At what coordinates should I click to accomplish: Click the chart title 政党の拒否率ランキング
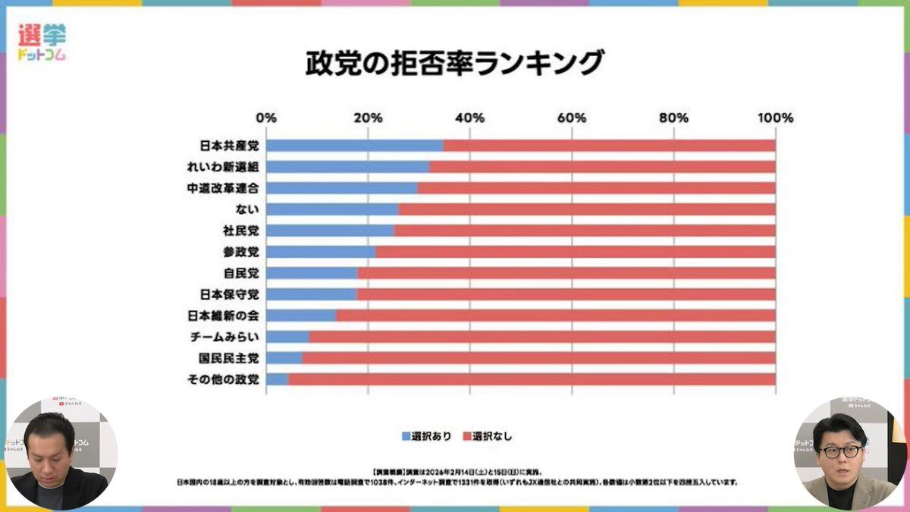point(454,63)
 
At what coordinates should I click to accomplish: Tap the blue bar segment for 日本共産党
point(354,146)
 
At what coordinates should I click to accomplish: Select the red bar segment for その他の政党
point(531,379)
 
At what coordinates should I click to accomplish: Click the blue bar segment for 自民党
point(312,273)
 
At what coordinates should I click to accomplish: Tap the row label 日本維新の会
point(223,316)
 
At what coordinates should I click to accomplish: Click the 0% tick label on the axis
point(266,118)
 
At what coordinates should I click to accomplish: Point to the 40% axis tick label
point(469,118)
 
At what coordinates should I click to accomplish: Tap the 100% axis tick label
point(774,118)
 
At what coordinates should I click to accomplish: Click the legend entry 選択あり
point(427,436)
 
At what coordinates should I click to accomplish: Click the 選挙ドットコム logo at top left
point(42,41)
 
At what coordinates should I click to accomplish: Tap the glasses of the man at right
point(840,452)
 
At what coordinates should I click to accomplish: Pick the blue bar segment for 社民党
point(330,231)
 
